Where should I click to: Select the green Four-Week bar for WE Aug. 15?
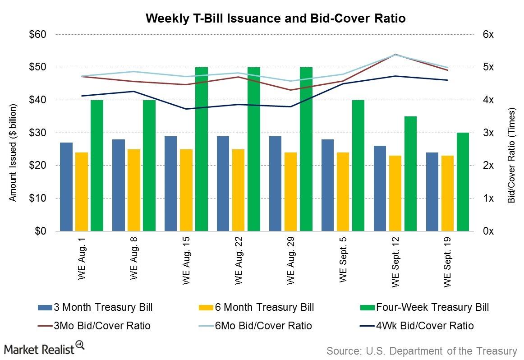coord(202,149)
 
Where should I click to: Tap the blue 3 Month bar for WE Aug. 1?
coord(66,187)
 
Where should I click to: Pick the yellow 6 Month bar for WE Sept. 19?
coord(447,193)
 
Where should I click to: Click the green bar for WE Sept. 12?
coord(411,174)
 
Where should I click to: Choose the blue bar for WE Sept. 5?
coord(327,185)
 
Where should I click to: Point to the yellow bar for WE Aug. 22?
coord(238,190)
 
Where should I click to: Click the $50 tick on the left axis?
coord(37,67)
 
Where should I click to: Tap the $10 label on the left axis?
coord(37,198)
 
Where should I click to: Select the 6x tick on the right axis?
coord(488,34)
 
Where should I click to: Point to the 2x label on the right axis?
coord(488,165)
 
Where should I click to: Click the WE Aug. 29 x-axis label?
coord(290,261)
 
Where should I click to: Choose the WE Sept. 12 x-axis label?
coord(395,262)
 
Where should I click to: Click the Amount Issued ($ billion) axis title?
coord(13,153)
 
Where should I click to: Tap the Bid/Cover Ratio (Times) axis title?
coord(512,155)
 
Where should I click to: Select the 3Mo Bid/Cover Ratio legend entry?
coord(94,326)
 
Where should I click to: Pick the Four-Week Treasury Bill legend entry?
coord(424,307)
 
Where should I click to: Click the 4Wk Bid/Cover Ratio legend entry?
coord(417,326)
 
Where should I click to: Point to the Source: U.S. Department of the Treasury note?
coord(422,351)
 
